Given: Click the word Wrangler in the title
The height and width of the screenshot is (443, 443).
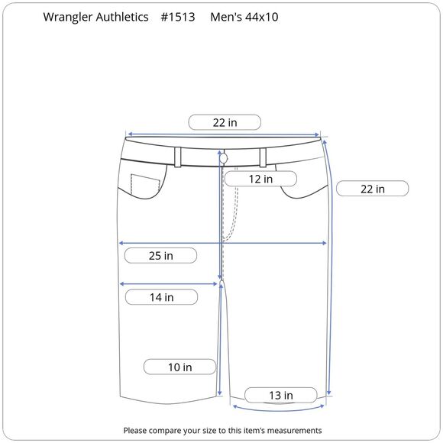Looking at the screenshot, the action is tap(67, 18).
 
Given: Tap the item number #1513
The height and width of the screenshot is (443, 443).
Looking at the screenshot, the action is tap(178, 17).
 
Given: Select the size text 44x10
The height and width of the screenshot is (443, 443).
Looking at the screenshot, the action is tap(262, 17).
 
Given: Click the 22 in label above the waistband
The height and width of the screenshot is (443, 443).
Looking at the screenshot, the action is tap(225, 122).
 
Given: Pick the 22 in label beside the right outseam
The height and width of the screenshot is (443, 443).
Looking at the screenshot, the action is tap(373, 189).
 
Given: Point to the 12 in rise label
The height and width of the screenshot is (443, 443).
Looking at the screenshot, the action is tap(260, 179).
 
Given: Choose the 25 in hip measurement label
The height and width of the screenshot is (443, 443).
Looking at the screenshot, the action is tap(160, 255).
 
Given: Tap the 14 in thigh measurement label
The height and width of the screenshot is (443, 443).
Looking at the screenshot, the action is tap(161, 297).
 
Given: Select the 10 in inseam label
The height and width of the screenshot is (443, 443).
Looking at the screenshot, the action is tap(179, 367).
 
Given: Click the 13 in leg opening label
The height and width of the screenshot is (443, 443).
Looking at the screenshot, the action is tap(280, 395).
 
